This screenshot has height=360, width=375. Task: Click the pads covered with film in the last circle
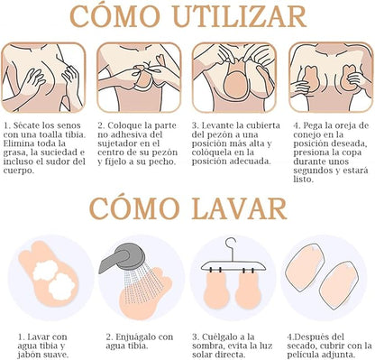coord(328,281)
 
